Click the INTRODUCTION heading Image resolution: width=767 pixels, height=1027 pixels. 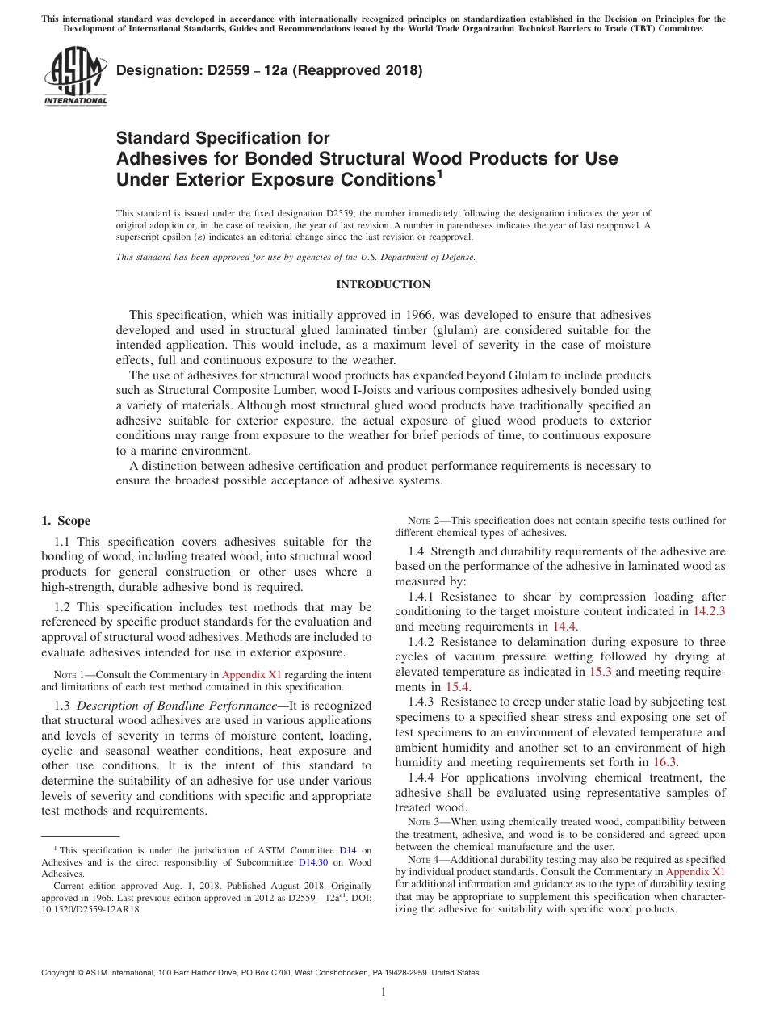click(383, 284)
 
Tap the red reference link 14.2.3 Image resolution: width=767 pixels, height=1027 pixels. click(709, 611)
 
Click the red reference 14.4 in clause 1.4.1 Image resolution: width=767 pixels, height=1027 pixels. click(564, 627)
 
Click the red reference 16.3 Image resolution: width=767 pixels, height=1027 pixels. click(664, 762)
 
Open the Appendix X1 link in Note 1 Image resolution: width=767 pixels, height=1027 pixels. click(251, 675)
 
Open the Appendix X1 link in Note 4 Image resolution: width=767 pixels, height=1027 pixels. click(695, 872)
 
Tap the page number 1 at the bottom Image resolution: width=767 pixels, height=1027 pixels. click(383, 991)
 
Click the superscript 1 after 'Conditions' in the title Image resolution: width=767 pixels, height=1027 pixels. click(439, 172)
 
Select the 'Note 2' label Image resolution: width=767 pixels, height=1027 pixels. click(421, 521)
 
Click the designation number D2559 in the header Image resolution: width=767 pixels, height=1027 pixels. click(193, 70)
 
